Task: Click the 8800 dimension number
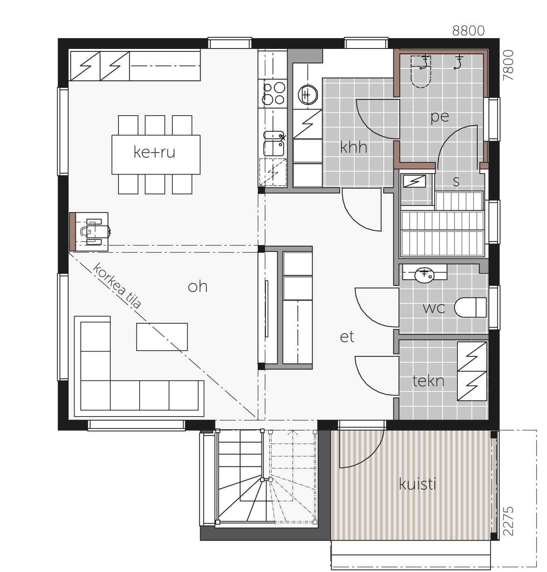(468, 31)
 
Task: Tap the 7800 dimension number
(508, 65)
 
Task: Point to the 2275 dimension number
(508, 521)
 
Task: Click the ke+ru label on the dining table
(154, 152)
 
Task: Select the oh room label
(198, 286)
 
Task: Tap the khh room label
(353, 147)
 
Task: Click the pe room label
(440, 117)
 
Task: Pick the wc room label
(434, 308)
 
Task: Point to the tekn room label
(428, 381)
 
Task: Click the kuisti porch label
(417, 484)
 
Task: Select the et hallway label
(347, 337)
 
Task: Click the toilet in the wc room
(470, 308)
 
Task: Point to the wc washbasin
(424, 275)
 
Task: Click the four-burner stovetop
(273, 93)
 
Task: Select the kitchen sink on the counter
(273, 143)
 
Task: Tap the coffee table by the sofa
(162, 337)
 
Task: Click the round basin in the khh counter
(308, 95)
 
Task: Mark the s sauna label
(456, 182)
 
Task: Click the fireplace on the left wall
(89, 232)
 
